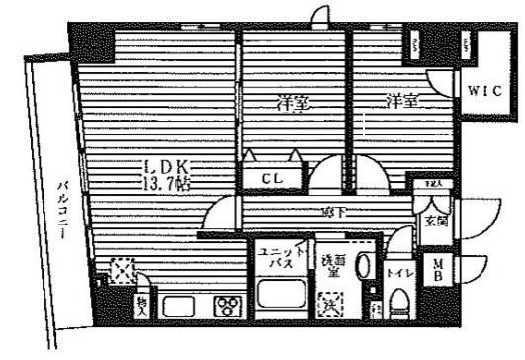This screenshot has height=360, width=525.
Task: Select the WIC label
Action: (484, 92)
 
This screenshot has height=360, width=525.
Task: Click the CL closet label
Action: (272, 178)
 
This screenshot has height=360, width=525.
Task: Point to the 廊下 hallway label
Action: (330, 212)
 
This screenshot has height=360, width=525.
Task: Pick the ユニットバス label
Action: (276, 260)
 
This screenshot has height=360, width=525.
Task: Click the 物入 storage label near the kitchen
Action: (141, 305)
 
